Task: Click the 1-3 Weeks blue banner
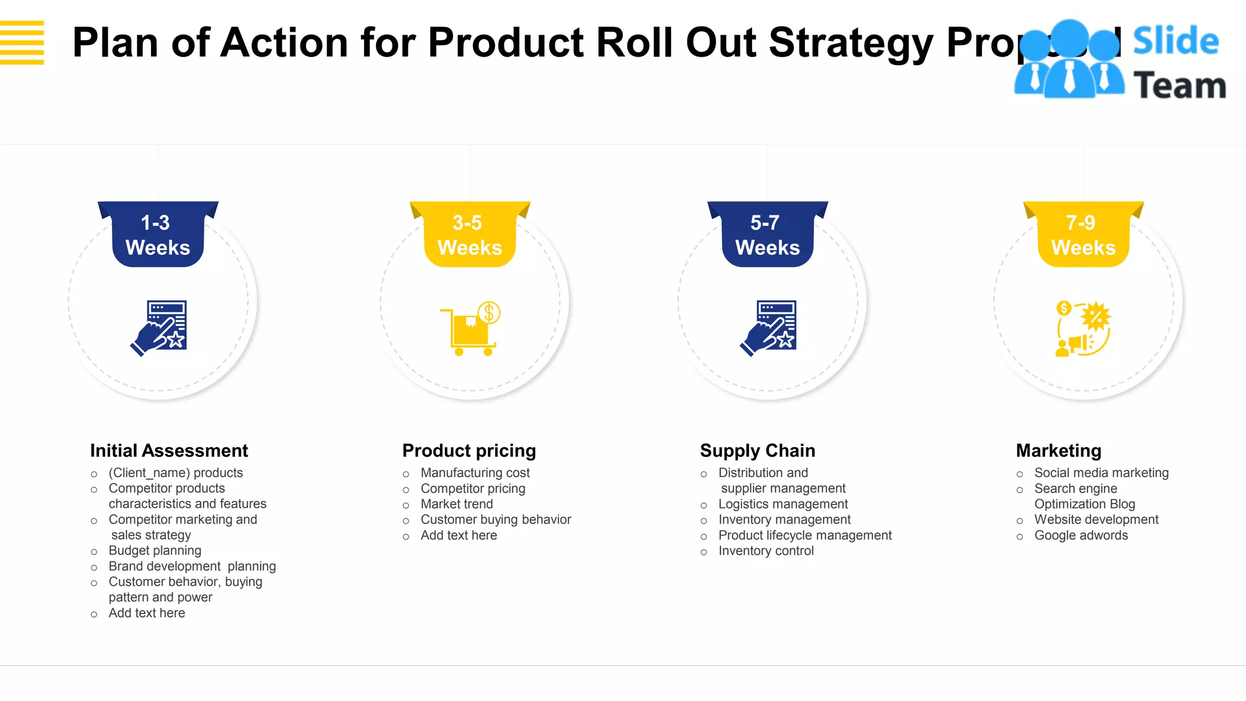tap(158, 235)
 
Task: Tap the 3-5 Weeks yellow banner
tap(470, 235)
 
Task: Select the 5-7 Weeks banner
tap(767, 235)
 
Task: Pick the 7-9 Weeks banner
tap(1083, 235)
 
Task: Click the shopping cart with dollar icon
tap(470, 329)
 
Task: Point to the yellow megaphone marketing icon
tap(1083, 329)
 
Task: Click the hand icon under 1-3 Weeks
tap(159, 328)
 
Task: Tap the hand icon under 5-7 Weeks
tap(768, 328)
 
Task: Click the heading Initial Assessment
tap(169, 450)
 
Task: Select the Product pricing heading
tap(469, 450)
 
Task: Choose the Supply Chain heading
tap(757, 450)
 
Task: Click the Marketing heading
tap(1059, 450)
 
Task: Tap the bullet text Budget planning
tap(155, 551)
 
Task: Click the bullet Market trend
tap(456, 504)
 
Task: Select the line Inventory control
tap(766, 551)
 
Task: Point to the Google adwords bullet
tap(1081, 535)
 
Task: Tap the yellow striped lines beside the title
tap(22, 43)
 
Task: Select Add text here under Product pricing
tap(459, 535)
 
